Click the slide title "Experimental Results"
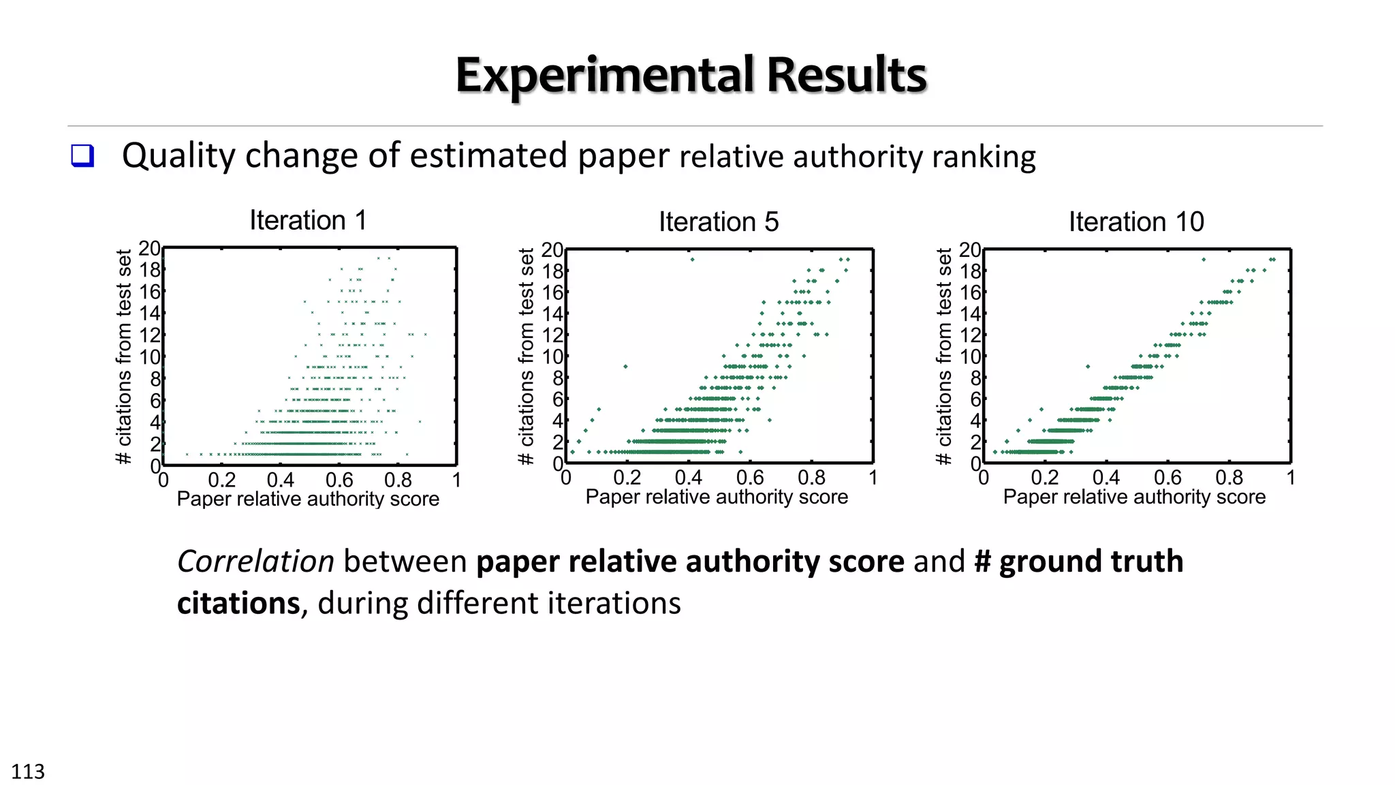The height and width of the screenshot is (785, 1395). pos(691,75)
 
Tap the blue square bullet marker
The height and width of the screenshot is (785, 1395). pos(82,156)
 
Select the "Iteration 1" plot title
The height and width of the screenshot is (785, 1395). pos(308,221)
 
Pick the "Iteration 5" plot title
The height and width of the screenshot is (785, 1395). pos(719,222)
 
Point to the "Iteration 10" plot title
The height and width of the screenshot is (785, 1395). pos(1136,222)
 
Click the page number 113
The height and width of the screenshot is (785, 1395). pos(28,771)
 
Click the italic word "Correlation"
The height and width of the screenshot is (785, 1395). pos(255,562)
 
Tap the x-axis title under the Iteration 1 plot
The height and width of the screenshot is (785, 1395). pos(308,499)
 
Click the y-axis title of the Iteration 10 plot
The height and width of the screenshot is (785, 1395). pos(943,356)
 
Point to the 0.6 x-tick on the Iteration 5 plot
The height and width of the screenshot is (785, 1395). pos(750,478)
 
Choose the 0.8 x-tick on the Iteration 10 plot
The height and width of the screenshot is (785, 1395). pos(1229,478)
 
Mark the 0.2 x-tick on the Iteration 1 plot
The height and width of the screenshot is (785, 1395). pos(222,480)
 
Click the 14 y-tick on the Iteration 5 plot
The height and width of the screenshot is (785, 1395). pos(552,314)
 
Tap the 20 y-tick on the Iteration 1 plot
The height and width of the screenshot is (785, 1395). pos(150,249)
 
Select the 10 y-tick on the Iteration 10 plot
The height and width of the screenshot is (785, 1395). pos(971,357)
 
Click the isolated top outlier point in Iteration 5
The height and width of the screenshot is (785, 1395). pos(692,260)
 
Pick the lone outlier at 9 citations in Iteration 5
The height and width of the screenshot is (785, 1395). pos(625,367)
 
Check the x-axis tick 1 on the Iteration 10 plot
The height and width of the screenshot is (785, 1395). pos(1290,478)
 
